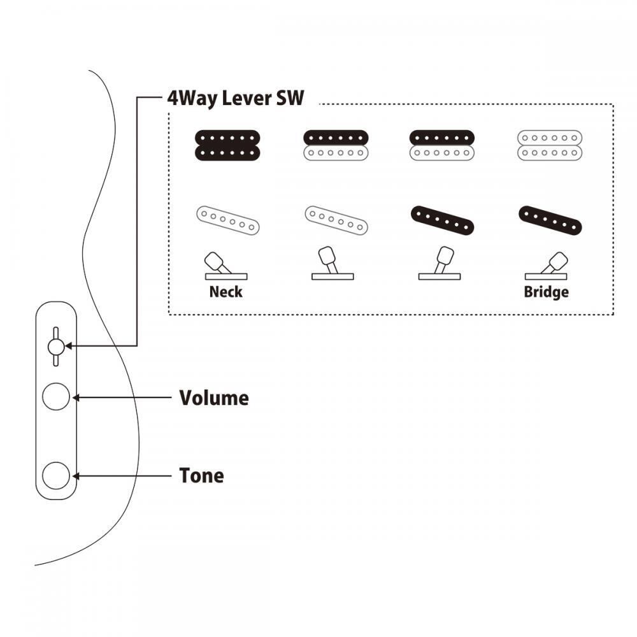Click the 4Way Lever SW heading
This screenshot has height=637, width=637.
point(236,99)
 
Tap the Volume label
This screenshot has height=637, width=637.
point(214,398)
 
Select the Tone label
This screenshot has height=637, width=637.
point(201,476)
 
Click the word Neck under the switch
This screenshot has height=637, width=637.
point(226,292)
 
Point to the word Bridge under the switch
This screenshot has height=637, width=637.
point(546,292)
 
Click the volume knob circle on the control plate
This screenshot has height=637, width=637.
point(55,397)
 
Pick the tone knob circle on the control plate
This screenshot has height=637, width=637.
point(55,476)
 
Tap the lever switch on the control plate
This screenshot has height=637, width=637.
point(55,346)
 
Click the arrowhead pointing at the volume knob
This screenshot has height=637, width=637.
point(76,397)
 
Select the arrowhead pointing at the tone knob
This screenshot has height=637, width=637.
point(76,476)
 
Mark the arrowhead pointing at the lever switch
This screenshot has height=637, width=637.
point(69,346)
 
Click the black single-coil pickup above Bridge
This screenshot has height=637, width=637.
point(552,220)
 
